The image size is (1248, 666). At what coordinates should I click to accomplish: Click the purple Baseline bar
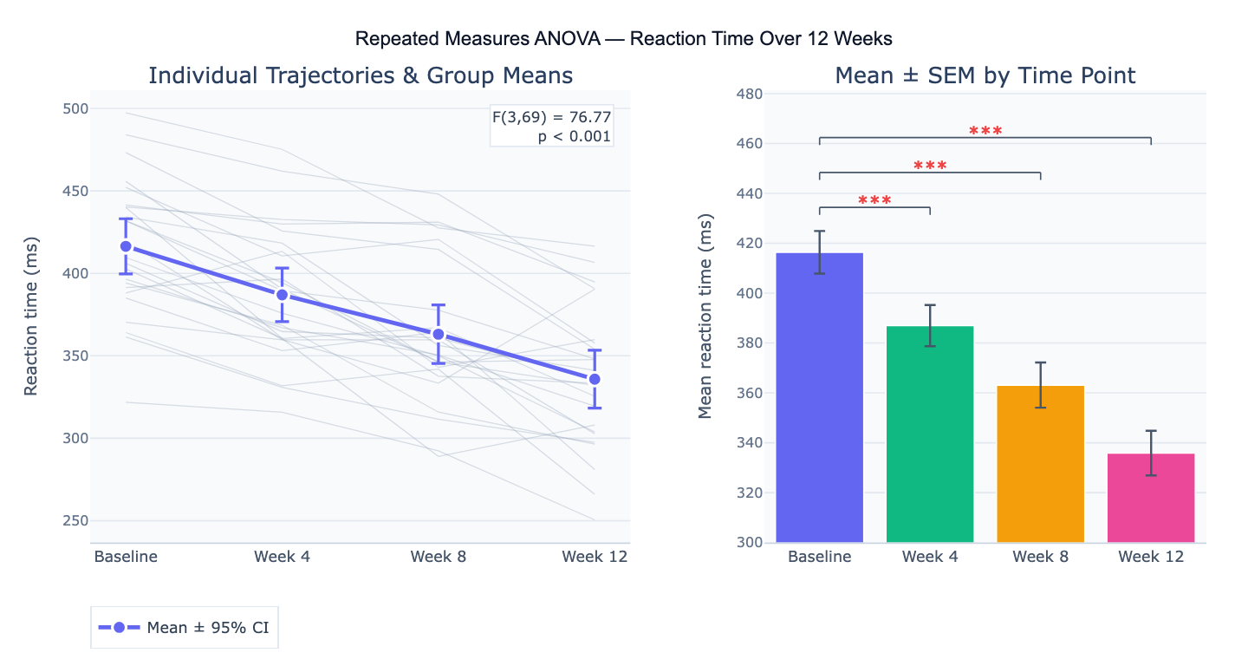point(819,399)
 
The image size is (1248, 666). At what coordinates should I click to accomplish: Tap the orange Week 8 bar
point(1040,465)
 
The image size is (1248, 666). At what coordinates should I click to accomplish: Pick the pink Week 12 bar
point(1151,499)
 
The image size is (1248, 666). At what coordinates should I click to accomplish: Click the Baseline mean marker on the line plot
point(127,246)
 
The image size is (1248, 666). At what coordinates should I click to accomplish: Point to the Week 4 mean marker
point(283,295)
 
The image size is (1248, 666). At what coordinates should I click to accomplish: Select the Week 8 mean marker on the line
point(439,334)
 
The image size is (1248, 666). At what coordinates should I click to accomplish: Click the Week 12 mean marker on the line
point(595,379)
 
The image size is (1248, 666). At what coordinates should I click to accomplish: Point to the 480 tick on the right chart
point(750,94)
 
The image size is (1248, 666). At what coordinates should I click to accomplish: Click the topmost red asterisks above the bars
point(985,132)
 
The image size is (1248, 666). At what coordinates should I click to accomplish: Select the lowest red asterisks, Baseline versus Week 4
point(874,201)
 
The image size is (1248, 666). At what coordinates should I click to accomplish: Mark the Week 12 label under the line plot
point(595,557)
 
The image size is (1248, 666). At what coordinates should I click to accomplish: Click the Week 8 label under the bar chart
point(1040,557)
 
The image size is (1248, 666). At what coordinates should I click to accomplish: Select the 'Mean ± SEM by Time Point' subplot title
point(985,75)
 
